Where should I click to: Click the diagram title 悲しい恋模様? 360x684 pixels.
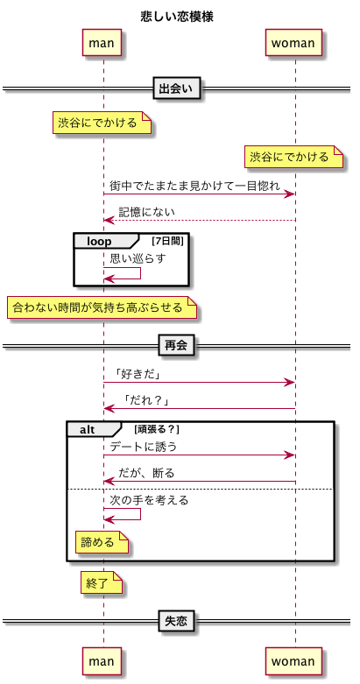pos(177,18)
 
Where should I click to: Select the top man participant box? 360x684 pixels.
pos(102,43)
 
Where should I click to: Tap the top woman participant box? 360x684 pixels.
pos(293,43)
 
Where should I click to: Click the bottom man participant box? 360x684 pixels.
pos(102,661)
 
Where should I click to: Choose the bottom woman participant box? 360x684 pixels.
pos(293,661)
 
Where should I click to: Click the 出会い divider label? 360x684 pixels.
pos(177,89)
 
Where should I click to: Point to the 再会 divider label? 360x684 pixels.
pos(177,346)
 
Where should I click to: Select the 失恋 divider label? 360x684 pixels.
pos(177,621)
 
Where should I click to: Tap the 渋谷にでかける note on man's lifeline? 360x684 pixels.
pos(102,123)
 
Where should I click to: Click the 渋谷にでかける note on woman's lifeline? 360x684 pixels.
pos(293,157)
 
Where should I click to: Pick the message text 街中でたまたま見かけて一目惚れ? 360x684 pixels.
pos(194,186)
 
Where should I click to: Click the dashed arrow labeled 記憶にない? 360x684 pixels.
pos(200,221)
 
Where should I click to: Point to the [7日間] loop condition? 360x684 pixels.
pos(167,241)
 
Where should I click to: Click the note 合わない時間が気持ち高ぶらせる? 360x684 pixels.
pos(102,308)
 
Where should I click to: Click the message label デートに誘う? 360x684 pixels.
pos(143,447)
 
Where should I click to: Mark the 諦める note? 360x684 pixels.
pos(102,542)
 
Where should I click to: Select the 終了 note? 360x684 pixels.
pos(102,583)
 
